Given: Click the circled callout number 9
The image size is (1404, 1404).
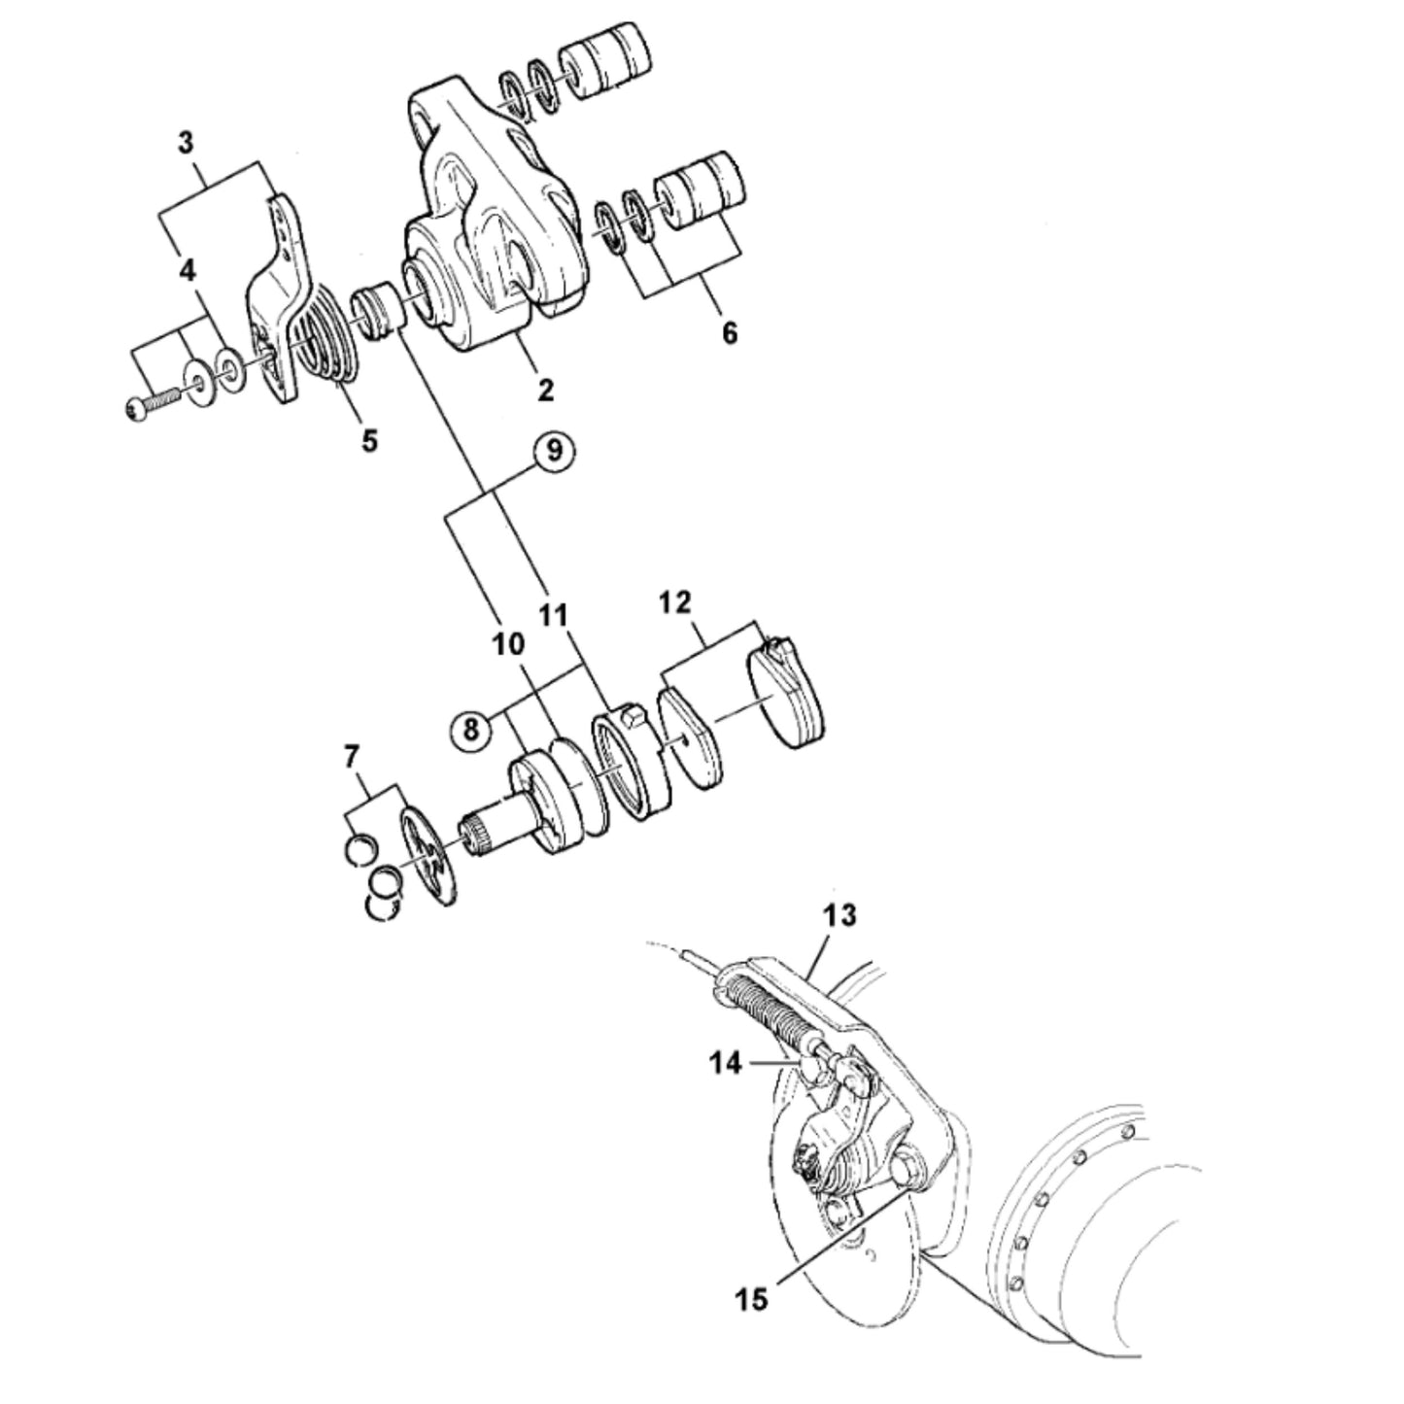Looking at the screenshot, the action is coord(555,452).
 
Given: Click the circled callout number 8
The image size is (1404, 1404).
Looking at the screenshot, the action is coord(471,730).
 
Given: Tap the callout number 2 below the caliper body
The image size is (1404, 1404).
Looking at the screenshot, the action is coord(545,390).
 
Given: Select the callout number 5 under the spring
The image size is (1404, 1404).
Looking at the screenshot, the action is coord(369,440).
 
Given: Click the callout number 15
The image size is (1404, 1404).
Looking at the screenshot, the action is coord(752,1298).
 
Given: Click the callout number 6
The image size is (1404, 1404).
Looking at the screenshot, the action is coord(730,333).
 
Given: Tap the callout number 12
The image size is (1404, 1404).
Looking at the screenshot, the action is coord(674,602).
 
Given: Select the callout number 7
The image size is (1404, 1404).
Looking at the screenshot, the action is coord(351,758).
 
